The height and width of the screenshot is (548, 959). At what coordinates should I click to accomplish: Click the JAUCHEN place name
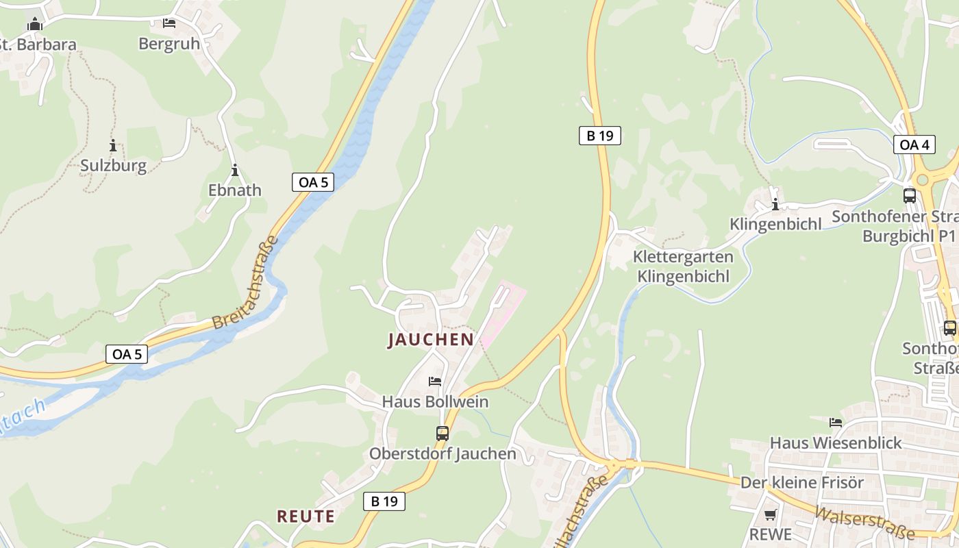pos(431,339)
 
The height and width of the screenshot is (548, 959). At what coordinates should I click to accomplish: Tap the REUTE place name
pos(306,516)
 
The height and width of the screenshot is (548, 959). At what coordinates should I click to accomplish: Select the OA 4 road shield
pos(914,145)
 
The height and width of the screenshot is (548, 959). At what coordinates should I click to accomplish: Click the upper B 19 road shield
pos(599,136)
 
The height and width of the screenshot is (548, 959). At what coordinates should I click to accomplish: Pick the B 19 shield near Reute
pos(384,501)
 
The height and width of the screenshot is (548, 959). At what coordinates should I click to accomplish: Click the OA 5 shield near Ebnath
pos(314,182)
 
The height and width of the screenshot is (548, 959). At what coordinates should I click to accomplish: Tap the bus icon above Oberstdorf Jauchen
pos(443,433)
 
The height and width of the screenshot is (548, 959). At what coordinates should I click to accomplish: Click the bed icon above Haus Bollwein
pos(434,382)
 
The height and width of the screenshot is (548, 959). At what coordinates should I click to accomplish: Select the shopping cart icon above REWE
pos(771,514)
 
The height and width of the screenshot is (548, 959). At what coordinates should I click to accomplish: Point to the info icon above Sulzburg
pos(113,145)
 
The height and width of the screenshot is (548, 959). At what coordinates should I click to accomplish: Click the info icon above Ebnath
pos(235,170)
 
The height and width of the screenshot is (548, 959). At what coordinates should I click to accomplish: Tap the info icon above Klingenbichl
pos(775,204)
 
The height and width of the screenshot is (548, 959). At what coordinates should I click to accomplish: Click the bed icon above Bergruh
pos(169,23)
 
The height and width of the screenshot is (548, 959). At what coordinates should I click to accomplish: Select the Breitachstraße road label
pos(245,283)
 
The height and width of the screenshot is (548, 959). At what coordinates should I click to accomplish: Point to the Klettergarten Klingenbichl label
pos(683,266)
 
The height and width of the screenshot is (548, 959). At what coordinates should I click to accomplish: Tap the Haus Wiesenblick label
pos(836,443)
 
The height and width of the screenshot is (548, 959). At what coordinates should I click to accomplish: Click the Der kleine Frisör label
pos(802,482)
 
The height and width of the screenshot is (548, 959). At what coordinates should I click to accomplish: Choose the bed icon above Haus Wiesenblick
pos(836,422)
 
